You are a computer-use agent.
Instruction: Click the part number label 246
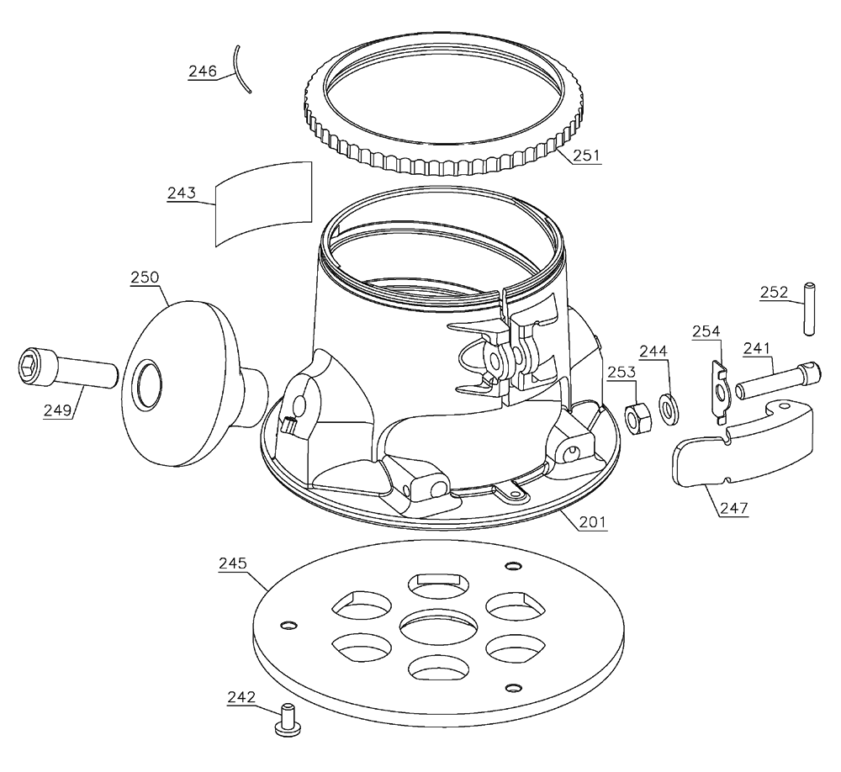202,71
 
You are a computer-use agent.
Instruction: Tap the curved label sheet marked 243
263,204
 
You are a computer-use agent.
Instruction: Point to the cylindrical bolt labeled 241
778,380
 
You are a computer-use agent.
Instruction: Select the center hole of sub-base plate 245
438,627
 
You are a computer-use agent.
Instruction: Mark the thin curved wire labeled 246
241,69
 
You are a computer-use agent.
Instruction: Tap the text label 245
233,563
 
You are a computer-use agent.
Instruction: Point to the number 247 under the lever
733,507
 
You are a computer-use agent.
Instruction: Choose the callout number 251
587,156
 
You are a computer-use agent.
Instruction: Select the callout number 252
774,293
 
